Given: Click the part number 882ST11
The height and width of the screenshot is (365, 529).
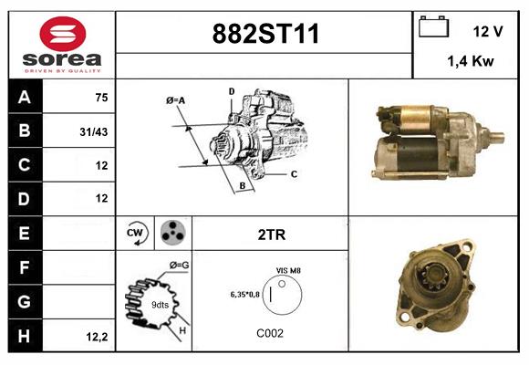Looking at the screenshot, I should tap(265, 35).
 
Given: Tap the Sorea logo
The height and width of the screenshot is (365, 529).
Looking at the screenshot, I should tap(61, 46).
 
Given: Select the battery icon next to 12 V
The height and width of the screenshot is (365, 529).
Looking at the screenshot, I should tap(433, 28).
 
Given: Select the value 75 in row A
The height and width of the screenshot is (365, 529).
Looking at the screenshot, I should tap(102, 98).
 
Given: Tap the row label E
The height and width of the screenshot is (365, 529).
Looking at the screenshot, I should tap(25, 234).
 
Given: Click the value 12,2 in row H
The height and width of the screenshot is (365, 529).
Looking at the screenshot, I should tap(98, 337).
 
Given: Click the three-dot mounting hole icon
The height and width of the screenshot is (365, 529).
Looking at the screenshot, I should tap(171, 234).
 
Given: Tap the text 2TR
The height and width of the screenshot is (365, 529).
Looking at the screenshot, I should tap(273, 235).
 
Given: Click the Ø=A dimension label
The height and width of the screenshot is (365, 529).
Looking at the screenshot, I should tap(176, 99).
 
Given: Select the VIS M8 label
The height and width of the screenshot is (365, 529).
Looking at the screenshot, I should tap(288, 271).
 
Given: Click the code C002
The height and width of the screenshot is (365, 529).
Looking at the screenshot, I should tap(270, 333).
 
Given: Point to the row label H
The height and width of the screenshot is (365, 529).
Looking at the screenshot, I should tap(25, 337).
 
